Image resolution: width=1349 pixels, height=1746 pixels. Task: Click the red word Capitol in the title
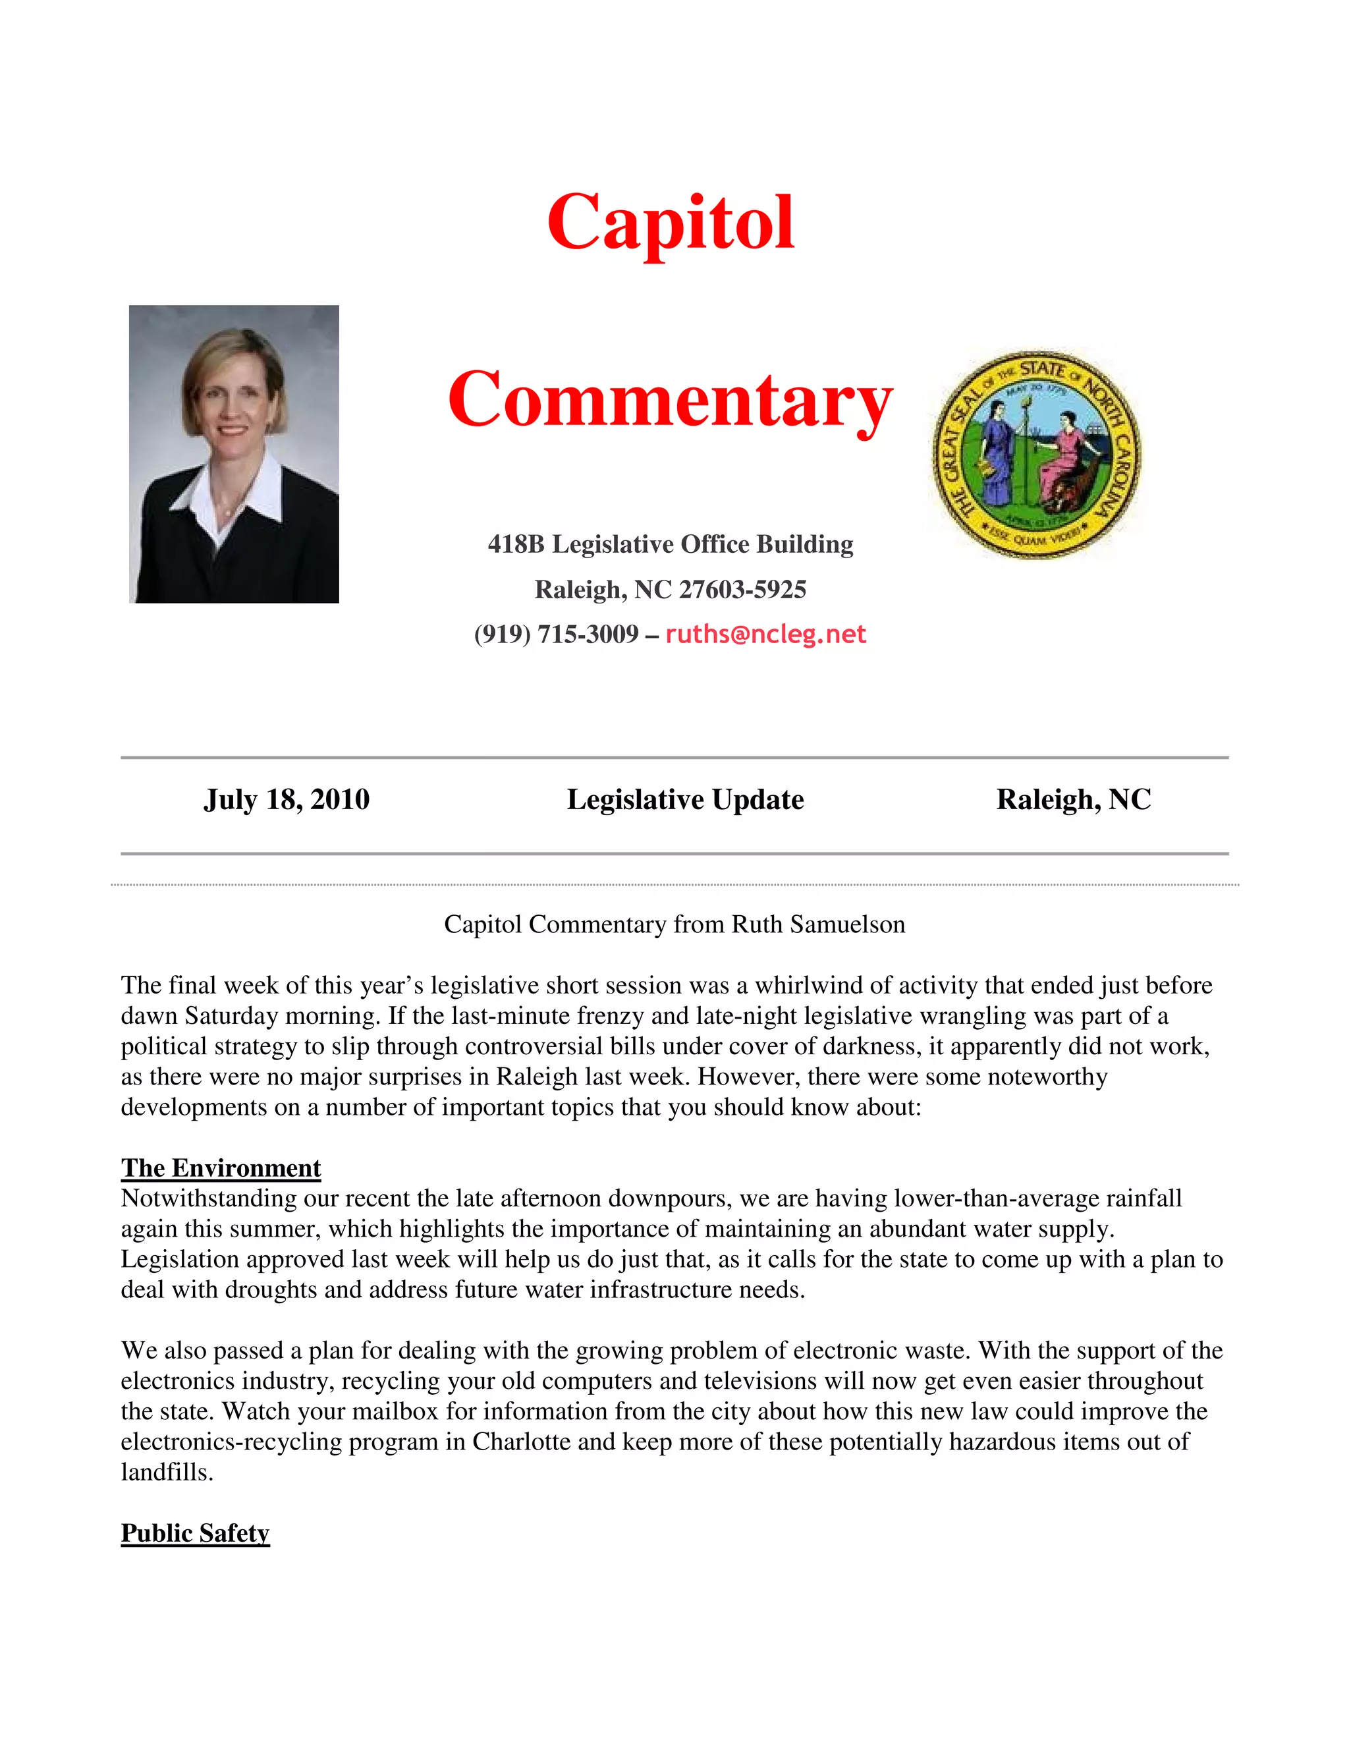click(x=671, y=222)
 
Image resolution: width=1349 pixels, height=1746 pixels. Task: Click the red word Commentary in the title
click(x=670, y=400)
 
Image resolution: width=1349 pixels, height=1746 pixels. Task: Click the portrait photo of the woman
click(x=233, y=453)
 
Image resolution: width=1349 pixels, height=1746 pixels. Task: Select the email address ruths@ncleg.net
click(x=765, y=634)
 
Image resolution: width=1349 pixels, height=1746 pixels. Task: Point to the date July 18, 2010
click(x=286, y=799)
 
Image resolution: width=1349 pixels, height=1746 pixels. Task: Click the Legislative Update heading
click(x=685, y=799)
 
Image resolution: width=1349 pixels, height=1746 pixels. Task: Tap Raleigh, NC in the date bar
click(x=1073, y=799)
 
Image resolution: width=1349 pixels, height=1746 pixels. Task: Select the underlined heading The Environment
click(x=221, y=1168)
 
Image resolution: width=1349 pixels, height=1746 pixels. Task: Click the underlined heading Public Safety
click(x=195, y=1533)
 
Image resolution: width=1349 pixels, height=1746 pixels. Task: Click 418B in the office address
click(x=516, y=544)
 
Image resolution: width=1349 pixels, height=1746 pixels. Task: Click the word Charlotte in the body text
click(x=521, y=1442)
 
